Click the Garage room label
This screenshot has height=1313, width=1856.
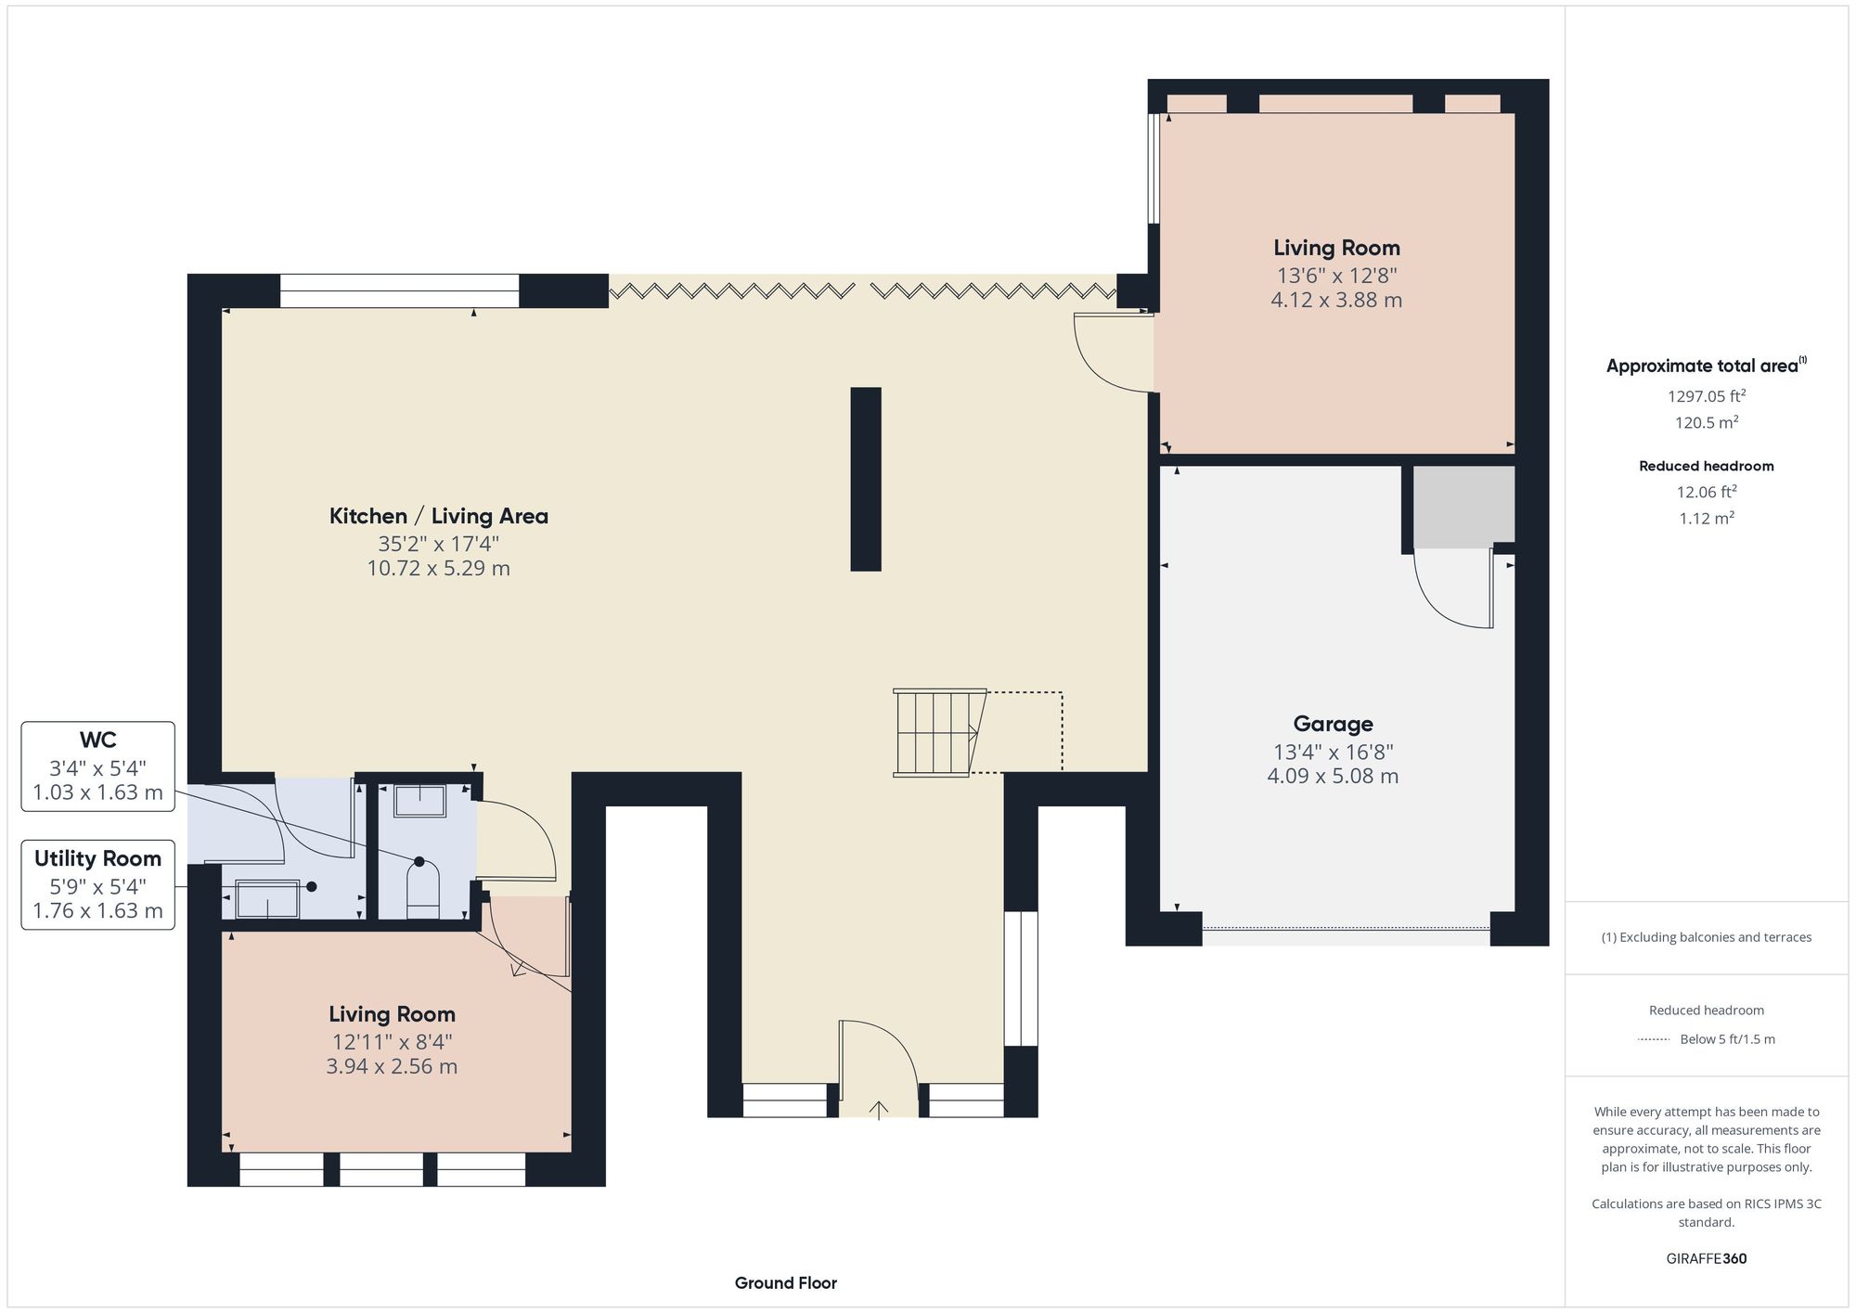(1333, 724)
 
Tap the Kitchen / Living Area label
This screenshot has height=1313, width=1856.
(438, 516)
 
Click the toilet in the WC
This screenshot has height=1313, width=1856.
(423, 888)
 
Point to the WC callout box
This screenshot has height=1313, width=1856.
(97, 766)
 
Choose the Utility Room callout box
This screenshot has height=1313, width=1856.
(97, 884)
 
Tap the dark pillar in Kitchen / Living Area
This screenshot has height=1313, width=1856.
(865, 479)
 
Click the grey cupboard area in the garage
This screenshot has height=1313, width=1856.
(1463, 507)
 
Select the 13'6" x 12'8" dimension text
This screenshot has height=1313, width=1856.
(1336, 275)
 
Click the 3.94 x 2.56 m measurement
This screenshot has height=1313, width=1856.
(392, 1066)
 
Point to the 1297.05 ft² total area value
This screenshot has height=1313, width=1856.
(1706, 396)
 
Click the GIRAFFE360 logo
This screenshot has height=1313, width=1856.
(1706, 1258)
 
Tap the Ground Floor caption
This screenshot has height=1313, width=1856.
(785, 1282)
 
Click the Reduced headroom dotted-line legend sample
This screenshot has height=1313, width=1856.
(1654, 1039)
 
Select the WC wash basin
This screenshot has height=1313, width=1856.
(419, 800)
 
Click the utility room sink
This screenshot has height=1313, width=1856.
(267, 898)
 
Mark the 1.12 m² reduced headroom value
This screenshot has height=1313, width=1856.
(1706, 518)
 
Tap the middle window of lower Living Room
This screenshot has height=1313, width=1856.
(380, 1169)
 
